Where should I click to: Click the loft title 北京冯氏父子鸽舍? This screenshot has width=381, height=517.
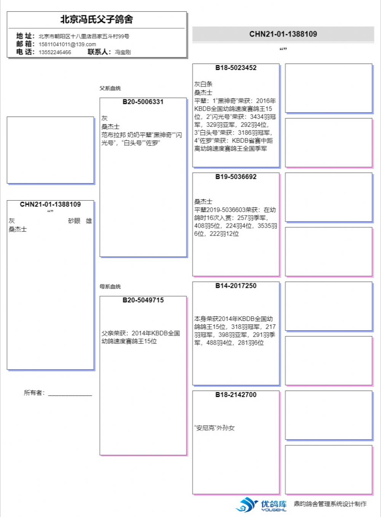tap(96, 19)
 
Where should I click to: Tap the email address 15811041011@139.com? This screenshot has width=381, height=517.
tap(67, 44)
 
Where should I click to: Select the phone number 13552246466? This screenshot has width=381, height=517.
tap(54, 52)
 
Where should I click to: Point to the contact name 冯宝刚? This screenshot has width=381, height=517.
tap(123, 52)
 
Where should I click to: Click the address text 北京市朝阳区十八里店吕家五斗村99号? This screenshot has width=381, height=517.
tap(84, 36)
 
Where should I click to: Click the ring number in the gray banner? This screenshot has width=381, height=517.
tap(283, 34)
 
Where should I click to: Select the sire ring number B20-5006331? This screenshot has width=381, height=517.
tap(143, 102)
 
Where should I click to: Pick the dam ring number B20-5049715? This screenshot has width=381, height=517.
tap(143, 300)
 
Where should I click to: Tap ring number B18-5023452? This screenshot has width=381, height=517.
tap(236, 68)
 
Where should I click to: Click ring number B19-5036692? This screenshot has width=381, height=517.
tap(236, 177)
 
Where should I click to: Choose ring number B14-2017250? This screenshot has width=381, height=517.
tap(236, 286)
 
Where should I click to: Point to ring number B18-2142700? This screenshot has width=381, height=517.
tap(236, 395)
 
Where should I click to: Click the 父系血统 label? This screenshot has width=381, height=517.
tap(110, 88)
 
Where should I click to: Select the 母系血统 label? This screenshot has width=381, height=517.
tap(110, 287)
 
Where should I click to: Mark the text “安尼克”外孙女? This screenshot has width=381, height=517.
tap(215, 428)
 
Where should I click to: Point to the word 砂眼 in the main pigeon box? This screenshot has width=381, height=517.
tap(74, 221)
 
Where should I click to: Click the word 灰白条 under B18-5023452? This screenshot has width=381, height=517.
tap(203, 84)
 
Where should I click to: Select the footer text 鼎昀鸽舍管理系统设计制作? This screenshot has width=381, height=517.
tap(330, 504)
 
